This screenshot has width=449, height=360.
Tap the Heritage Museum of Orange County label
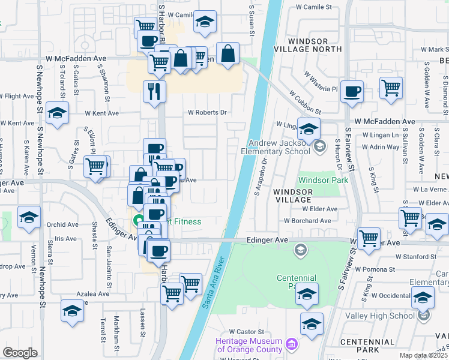[x=249, y=346]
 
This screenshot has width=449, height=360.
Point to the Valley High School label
[x=386, y=316]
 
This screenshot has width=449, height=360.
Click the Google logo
[x=20, y=352]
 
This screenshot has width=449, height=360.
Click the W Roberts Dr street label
[x=207, y=112]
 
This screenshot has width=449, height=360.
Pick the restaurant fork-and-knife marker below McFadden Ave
[x=154, y=91]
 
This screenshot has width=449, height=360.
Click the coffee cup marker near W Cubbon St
[x=352, y=91]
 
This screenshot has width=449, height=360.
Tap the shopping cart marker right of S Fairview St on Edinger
[x=369, y=237]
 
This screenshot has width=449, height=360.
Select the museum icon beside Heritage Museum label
[x=292, y=344]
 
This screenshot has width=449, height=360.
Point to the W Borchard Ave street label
[x=307, y=221]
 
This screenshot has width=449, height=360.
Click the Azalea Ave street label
[x=92, y=294]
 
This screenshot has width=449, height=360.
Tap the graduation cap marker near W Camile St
[x=205, y=23]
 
